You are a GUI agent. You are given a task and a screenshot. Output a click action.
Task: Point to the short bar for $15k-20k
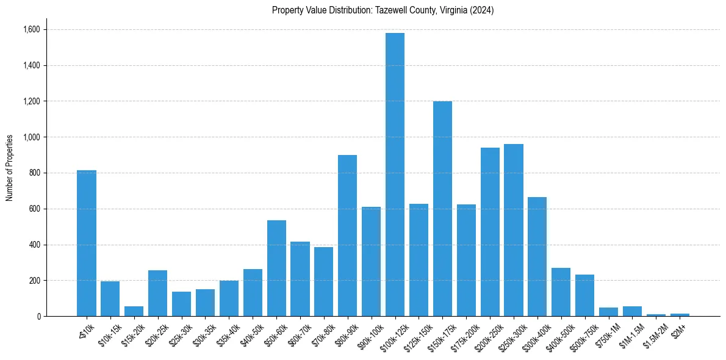(134, 311)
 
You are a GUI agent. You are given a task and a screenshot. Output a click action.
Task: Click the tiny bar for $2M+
(680, 315)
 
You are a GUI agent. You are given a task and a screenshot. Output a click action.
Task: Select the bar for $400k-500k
(561, 292)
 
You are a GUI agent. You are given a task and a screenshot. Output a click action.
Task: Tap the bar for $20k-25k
(157, 293)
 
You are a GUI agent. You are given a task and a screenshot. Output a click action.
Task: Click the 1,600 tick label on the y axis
(32, 30)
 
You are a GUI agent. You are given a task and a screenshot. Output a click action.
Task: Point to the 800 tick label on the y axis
(35, 173)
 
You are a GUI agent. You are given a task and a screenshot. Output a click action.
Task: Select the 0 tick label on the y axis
(39, 317)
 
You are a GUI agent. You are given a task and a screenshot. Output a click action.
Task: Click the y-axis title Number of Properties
(10, 168)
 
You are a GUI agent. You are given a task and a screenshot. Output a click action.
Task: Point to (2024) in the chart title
(482, 10)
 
